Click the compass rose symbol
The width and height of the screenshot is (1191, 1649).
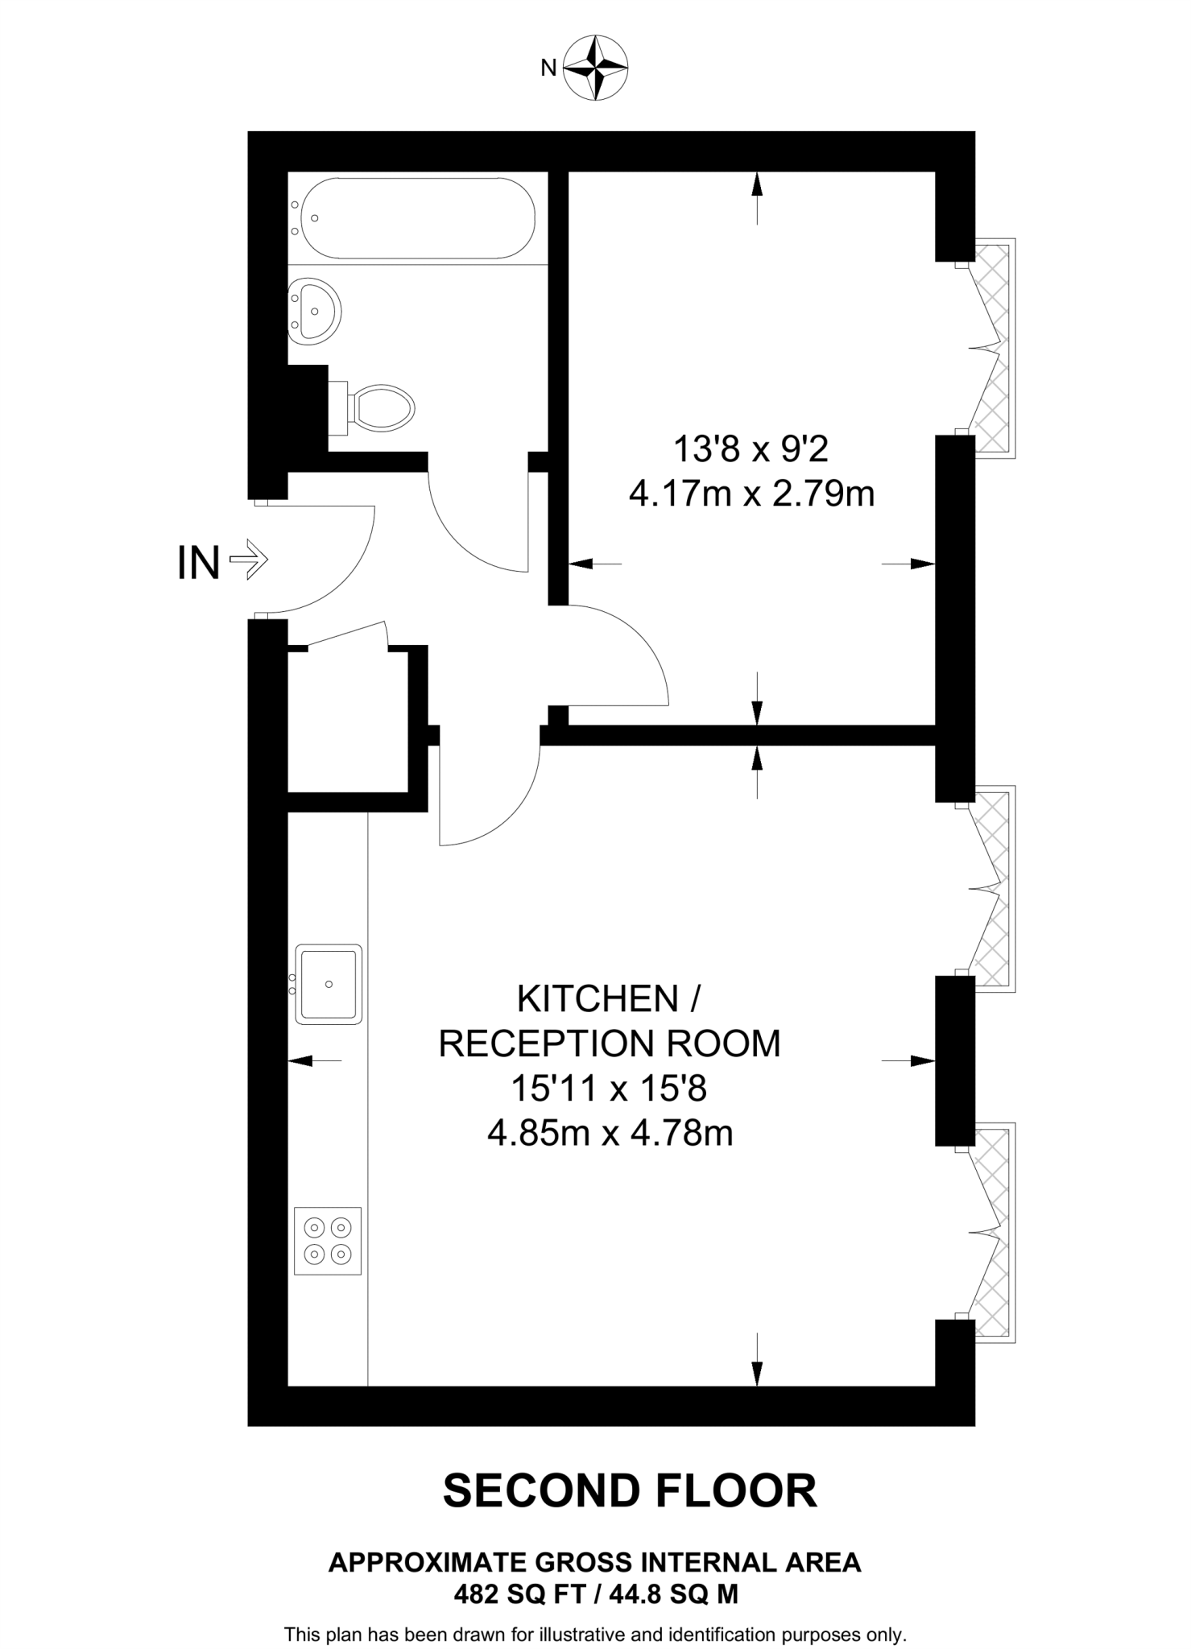click(x=596, y=68)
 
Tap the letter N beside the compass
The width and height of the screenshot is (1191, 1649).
click(x=548, y=68)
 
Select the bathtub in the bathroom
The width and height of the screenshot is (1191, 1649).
click(x=416, y=218)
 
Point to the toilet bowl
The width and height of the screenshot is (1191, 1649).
click(x=383, y=407)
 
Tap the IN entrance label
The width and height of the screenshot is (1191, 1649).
click(x=198, y=563)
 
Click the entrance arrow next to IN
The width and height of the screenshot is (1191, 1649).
click(x=248, y=560)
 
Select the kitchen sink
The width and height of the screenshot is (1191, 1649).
click(x=329, y=984)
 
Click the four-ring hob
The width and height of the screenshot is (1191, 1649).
click(x=328, y=1241)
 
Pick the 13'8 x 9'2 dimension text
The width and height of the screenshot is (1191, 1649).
click(x=750, y=449)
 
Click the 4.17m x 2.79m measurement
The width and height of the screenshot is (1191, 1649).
click(x=751, y=494)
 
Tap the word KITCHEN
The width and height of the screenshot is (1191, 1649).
click(x=598, y=999)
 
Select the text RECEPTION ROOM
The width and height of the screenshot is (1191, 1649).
click(x=610, y=1044)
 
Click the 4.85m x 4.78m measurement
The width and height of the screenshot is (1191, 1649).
click(x=610, y=1134)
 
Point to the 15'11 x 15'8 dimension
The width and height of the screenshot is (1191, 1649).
click(x=609, y=1089)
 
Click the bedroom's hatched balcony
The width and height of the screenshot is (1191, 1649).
click(x=995, y=348)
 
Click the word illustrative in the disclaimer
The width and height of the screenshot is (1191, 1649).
click(x=582, y=1635)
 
